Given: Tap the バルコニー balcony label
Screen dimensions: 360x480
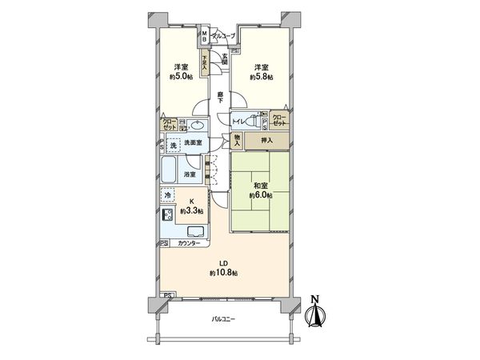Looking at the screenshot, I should (x=223, y=319).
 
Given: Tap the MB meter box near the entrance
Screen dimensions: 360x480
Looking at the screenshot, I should (x=205, y=36).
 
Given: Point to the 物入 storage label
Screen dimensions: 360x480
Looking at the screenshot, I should (x=237, y=141).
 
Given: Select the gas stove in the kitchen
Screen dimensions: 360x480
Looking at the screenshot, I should (x=168, y=214).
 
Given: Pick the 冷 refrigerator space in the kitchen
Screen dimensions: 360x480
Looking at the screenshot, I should (x=168, y=194).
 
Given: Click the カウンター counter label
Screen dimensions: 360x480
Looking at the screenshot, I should (x=189, y=243).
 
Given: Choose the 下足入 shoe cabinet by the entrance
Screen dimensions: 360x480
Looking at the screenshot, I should (x=205, y=63).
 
